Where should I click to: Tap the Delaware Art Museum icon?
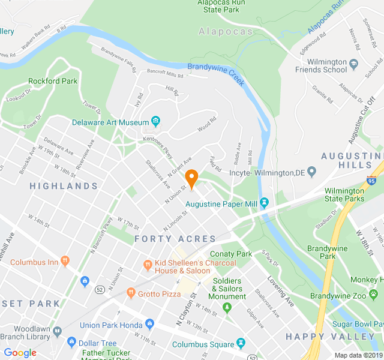(155, 122)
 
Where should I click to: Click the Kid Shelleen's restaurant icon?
(147, 265)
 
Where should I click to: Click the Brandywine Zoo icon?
(315, 296)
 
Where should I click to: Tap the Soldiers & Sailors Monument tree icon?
(227, 308)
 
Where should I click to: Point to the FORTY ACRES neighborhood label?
(175, 239)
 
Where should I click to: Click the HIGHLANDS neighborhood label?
(64, 187)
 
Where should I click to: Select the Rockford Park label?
(53, 81)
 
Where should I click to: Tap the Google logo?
(20, 352)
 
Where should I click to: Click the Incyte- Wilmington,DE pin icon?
(311, 172)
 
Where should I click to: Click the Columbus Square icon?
(241, 344)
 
